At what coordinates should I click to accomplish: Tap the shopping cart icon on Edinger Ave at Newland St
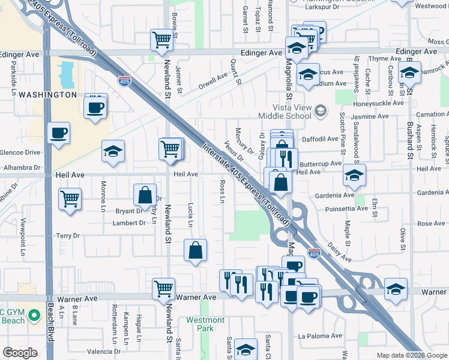[x=161, y=41]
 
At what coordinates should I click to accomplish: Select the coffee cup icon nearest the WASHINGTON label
[x=95, y=107]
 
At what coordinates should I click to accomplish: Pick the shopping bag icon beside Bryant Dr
[x=145, y=195]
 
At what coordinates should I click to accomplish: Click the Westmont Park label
[x=205, y=325]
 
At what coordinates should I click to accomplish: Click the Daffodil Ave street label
[x=320, y=139]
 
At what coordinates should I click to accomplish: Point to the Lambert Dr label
[x=129, y=223]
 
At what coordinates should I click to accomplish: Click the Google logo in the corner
[x=20, y=352]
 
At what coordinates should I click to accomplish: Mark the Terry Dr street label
[x=68, y=236]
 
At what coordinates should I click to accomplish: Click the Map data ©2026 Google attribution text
[x=411, y=355]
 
